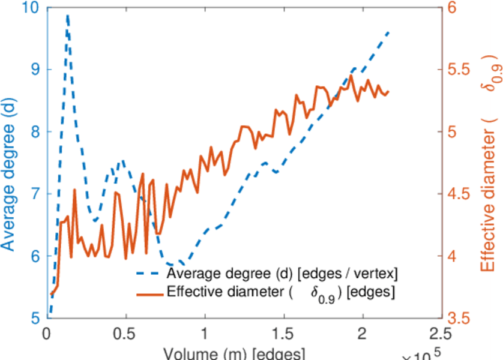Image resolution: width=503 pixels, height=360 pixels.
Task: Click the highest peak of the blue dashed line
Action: pos(68,16)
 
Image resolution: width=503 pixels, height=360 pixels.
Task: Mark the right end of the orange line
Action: pos(388,91)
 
